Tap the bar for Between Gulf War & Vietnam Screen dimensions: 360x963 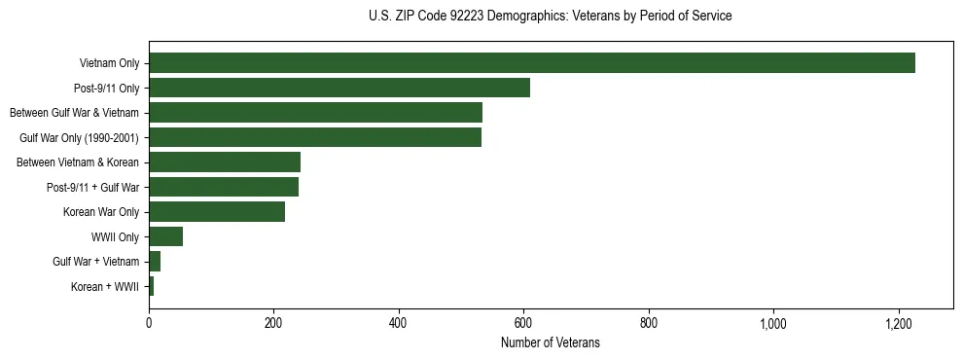click(x=315, y=113)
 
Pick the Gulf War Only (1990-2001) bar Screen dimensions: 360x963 click(x=315, y=138)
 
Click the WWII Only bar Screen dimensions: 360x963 click(x=165, y=237)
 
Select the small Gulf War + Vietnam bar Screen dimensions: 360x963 click(x=155, y=262)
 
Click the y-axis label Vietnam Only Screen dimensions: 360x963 click(x=109, y=64)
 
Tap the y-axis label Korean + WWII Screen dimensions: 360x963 click(x=105, y=287)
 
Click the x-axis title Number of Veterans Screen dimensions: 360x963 click(x=550, y=343)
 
